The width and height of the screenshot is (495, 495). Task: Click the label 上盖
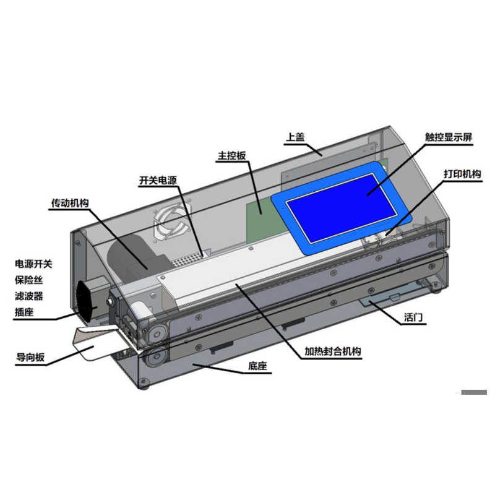click(295, 137)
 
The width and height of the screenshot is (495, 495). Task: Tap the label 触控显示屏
click(449, 137)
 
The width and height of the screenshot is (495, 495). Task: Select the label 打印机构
click(462, 174)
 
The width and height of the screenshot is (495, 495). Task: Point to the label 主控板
click(231, 155)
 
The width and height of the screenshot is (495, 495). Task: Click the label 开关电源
click(158, 181)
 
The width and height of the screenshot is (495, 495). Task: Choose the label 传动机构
click(70, 203)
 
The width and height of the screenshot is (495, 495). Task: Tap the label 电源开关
click(33, 264)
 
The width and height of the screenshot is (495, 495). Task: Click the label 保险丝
click(28, 280)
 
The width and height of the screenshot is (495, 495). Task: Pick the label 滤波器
click(28, 296)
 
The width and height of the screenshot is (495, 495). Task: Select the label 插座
click(24, 312)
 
